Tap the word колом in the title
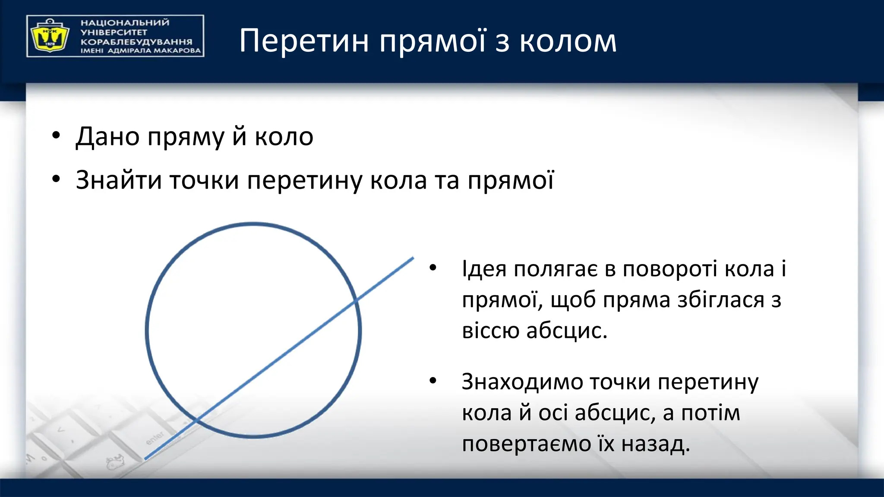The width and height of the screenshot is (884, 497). [568, 41]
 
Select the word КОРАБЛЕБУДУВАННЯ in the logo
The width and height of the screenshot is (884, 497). [136, 42]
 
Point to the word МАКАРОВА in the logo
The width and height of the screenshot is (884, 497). [177, 51]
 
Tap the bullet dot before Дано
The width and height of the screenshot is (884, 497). [56, 135]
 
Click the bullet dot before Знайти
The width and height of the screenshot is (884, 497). [56, 179]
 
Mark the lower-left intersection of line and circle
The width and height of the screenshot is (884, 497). [196, 419]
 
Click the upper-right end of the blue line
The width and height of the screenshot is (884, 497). [413, 258]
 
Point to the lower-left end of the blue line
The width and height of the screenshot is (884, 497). [145, 459]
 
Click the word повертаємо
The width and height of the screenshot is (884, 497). [526, 444]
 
